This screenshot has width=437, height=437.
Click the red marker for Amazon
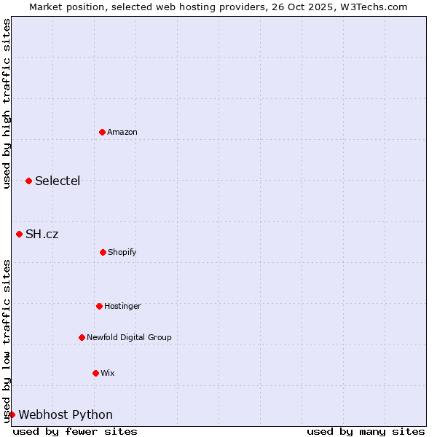103,132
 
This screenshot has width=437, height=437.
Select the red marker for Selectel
28,181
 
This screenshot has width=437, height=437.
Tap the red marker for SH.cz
20,234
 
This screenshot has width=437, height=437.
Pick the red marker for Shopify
103,252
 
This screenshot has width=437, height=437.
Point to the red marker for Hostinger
99,306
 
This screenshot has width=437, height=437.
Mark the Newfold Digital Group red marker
82,337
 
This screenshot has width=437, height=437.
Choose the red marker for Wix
95,373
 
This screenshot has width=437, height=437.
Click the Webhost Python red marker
12,414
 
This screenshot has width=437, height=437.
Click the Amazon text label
122,132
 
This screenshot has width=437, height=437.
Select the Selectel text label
58,181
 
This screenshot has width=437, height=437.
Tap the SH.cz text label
42,234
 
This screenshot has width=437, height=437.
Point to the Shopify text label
122,252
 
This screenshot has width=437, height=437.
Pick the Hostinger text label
122,306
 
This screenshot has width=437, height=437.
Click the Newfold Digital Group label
129,337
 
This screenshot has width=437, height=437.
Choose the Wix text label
108,373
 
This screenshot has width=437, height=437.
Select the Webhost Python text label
66,414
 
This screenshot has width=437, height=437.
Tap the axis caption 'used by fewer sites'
75,431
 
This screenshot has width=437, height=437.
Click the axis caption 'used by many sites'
366,431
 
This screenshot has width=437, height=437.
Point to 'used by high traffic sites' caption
7,103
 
